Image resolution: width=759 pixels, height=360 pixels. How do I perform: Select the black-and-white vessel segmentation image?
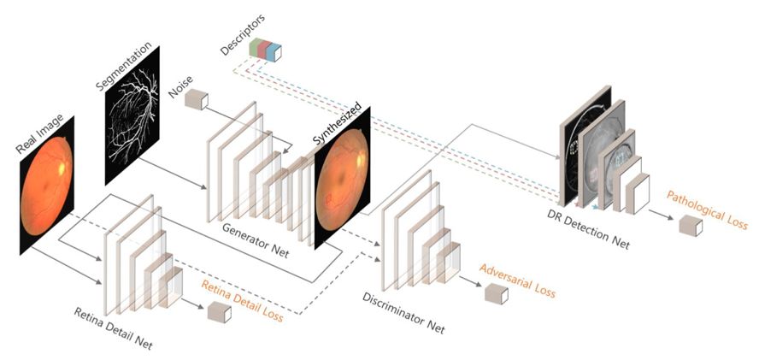tap(132, 137)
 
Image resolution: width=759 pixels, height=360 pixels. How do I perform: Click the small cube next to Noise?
tap(197, 99)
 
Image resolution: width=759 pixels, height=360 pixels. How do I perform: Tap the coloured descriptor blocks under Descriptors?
tap(266, 50)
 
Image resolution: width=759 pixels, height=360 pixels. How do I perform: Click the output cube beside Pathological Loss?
tap(690, 226)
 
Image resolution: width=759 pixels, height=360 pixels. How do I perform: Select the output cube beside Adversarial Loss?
tap(496, 294)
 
